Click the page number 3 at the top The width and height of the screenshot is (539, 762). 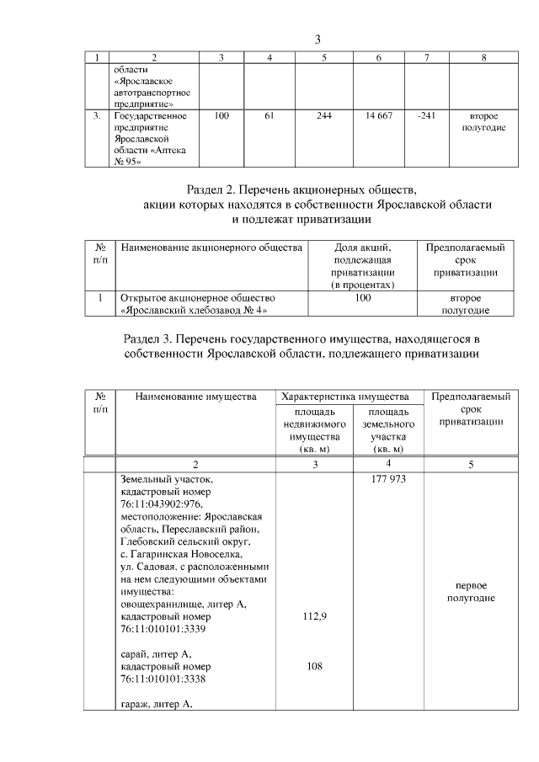[318, 40]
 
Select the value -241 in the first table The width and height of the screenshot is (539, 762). [426, 115]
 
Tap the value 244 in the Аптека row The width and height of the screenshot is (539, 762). [324, 115]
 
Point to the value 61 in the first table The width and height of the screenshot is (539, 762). [269, 115]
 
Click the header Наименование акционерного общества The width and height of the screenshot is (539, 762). [211, 248]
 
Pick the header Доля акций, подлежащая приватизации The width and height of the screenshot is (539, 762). [363, 266]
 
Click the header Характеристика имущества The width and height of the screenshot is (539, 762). [346, 396]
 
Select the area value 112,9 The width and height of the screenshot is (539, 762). [313, 616]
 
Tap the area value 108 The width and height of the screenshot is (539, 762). [313, 665]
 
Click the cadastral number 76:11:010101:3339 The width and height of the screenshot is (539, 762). [163, 629]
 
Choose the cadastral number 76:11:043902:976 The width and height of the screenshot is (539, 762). [162, 503]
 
